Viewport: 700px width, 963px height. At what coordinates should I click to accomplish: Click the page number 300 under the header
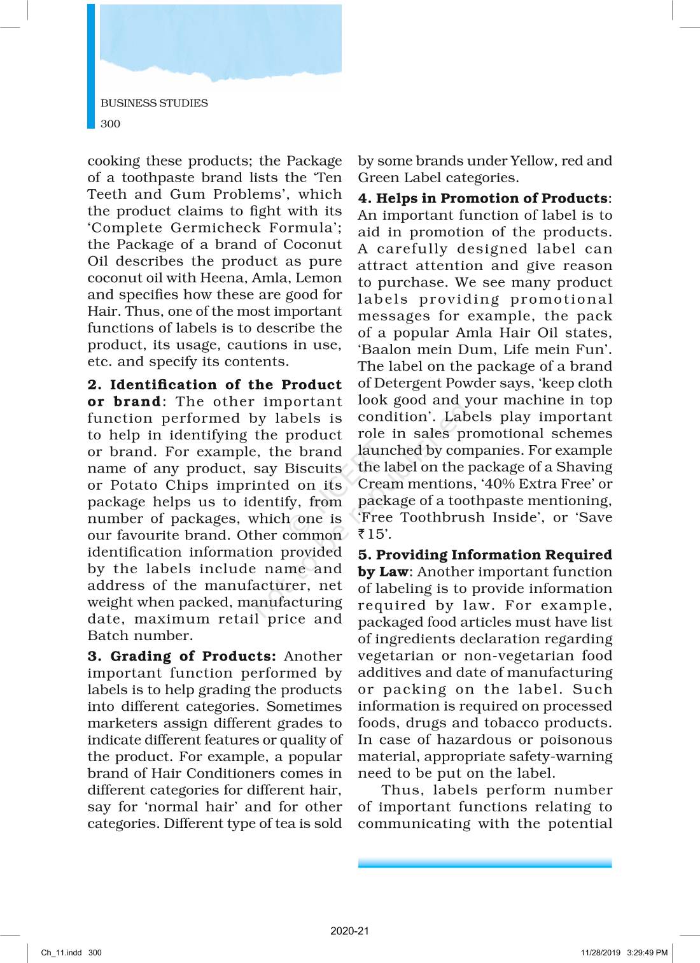click(110, 124)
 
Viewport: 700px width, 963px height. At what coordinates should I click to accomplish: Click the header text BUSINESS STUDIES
click(154, 103)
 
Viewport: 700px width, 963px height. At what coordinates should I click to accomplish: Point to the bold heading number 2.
click(94, 385)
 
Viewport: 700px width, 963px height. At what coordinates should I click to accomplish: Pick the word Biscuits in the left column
click(313, 468)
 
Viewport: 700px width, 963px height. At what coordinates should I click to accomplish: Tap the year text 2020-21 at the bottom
click(349, 931)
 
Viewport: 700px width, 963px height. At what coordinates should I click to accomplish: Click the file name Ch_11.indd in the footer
click(62, 953)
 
